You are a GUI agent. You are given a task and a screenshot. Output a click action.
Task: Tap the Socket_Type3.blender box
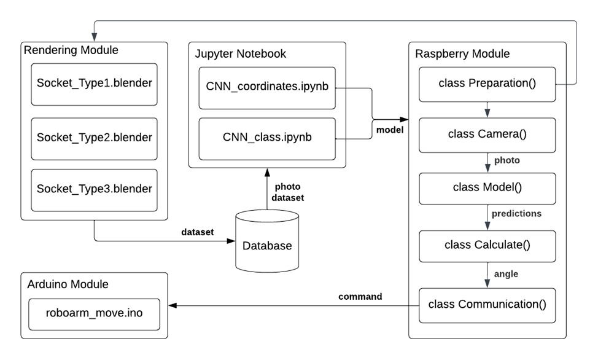[x=94, y=189]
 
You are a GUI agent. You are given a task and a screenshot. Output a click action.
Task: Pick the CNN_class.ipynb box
[x=267, y=138]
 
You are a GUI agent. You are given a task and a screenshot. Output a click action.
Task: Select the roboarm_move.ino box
[x=94, y=313]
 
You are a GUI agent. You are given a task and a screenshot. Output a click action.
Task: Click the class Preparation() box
[x=487, y=84]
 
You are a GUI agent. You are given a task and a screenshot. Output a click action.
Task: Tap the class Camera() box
[x=487, y=135]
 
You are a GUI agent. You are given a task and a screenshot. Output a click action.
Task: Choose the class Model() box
[x=487, y=188]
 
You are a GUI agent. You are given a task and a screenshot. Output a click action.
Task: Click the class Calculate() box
[x=487, y=246]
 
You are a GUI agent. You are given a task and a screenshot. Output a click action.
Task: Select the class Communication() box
[x=487, y=305]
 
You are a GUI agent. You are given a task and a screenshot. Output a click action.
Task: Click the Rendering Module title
[x=71, y=50]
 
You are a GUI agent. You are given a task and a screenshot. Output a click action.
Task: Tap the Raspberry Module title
[x=462, y=54]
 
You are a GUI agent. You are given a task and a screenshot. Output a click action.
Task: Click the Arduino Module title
[x=68, y=284]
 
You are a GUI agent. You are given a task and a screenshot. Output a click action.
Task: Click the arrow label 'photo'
[x=507, y=160]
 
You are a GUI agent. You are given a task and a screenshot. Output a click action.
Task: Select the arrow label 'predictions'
[x=516, y=214]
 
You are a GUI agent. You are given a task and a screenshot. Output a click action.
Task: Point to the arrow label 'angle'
[x=506, y=274]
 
